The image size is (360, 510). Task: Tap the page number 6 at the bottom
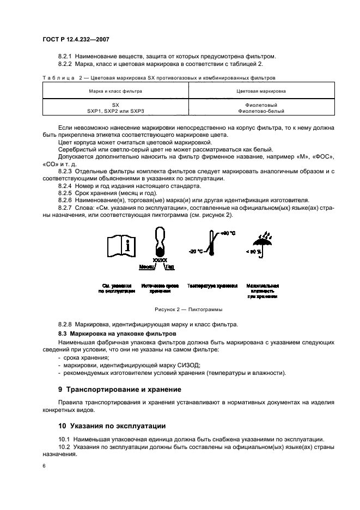coord(44,466)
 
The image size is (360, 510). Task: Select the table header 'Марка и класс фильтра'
coord(115,91)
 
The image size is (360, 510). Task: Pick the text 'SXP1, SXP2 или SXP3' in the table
coord(115,111)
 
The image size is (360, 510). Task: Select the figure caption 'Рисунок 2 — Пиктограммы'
coord(180,309)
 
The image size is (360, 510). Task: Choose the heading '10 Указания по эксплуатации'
coord(112,426)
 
